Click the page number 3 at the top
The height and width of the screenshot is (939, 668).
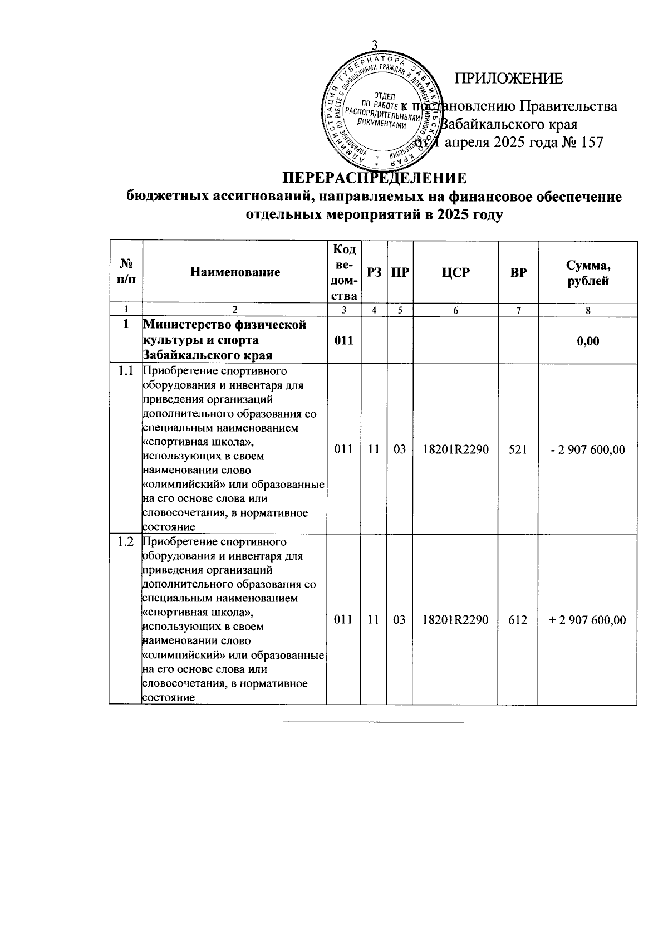coord(375,45)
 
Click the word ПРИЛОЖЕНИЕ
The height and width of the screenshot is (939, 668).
coord(509,79)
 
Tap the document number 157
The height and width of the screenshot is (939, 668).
coord(591,143)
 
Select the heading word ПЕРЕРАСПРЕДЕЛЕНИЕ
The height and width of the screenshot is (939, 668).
coord(374,178)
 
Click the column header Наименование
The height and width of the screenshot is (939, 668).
coord(234,272)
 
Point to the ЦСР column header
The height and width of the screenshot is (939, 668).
coord(455,272)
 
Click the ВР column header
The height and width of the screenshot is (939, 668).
coord(518,272)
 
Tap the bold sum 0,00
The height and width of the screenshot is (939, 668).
coord(588,341)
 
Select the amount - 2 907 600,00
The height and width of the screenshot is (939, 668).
coord(588,449)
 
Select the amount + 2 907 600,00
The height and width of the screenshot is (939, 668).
coord(587,620)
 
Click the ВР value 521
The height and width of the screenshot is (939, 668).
coord(518,449)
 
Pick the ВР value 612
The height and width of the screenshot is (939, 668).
coord(518,620)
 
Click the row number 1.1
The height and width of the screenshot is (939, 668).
coord(126,372)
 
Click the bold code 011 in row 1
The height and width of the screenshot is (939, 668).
coord(343,341)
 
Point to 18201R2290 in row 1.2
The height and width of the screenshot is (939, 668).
coord(455,620)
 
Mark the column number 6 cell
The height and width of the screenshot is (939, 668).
coord(455,311)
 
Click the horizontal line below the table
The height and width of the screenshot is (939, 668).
coord(374,722)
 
